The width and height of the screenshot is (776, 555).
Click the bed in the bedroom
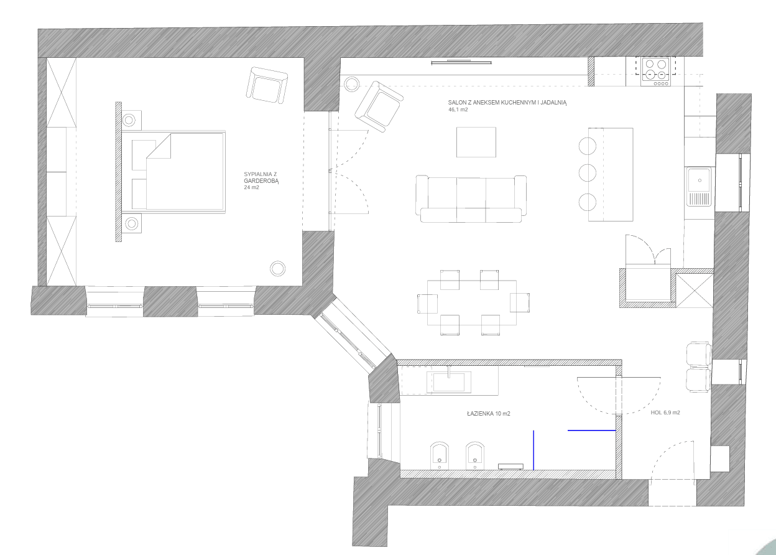pyautogui.click(x=178, y=172)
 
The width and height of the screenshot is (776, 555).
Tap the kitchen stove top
pyautogui.click(x=655, y=72)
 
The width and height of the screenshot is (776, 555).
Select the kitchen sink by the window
pyautogui.click(x=699, y=187)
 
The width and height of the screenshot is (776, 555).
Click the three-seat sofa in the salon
pyautogui.click(x=471, y=198)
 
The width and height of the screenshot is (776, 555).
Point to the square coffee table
pyautogui.click(x=476, y=142)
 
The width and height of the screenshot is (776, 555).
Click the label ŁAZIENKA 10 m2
pyautogui.click(x=489, y=414)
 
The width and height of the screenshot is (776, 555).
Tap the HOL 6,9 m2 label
pyautogui.click(x=665, y=413)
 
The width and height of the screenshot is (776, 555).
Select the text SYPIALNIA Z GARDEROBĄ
pyautogui.click(x=261, y=177)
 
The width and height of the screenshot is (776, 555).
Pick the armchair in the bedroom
pyautogui.click(x=267, y=85)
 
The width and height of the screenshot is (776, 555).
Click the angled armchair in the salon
pyautogui.click(x=379, y=106)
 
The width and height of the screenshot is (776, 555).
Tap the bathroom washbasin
pyautogui.click(x=449, y=382)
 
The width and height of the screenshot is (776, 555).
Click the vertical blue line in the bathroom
pyautogui.click(x=533, y=450)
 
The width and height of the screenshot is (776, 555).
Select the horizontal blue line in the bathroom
pyautogui.click(x=592, y=430)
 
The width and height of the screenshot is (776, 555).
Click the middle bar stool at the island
pyautogui.click(x=587, y=172)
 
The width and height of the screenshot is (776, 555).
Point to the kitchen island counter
pyautogui.click(x=611, y=174)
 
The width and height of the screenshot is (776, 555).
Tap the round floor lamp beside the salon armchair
pyautogui.click(x=352, y=84)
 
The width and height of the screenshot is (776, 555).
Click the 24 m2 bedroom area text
pyautogui.click(x=251, y=187)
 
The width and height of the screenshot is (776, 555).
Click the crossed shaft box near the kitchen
pyautogui.click(x=694, y=290)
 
